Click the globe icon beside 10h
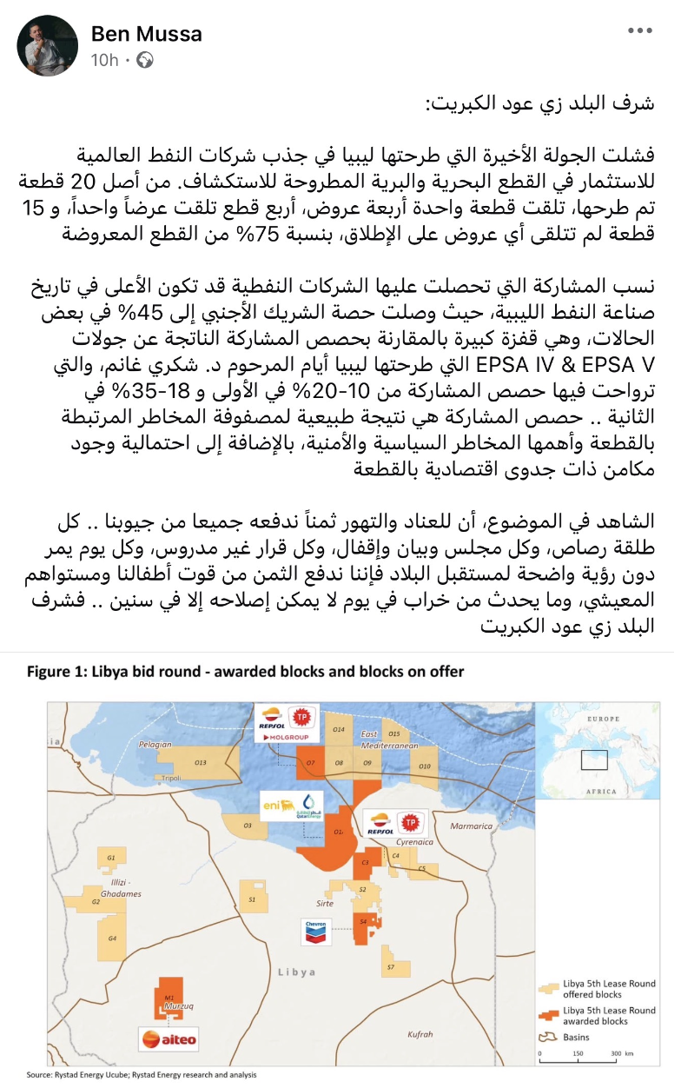coord(146,60)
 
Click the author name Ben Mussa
coord(146,34)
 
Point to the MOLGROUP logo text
coord(286,736)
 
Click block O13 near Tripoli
coord(200,762)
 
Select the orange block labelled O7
coord(309,762)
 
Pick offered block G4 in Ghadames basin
coord(112,939)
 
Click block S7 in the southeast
coord(391,967)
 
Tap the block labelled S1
coord(252,899)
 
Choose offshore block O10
coord(423,766)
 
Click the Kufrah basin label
coord(420,1034)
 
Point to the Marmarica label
coord(472,826)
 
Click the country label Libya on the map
coord(297,971)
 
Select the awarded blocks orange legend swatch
coord(548,1014)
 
